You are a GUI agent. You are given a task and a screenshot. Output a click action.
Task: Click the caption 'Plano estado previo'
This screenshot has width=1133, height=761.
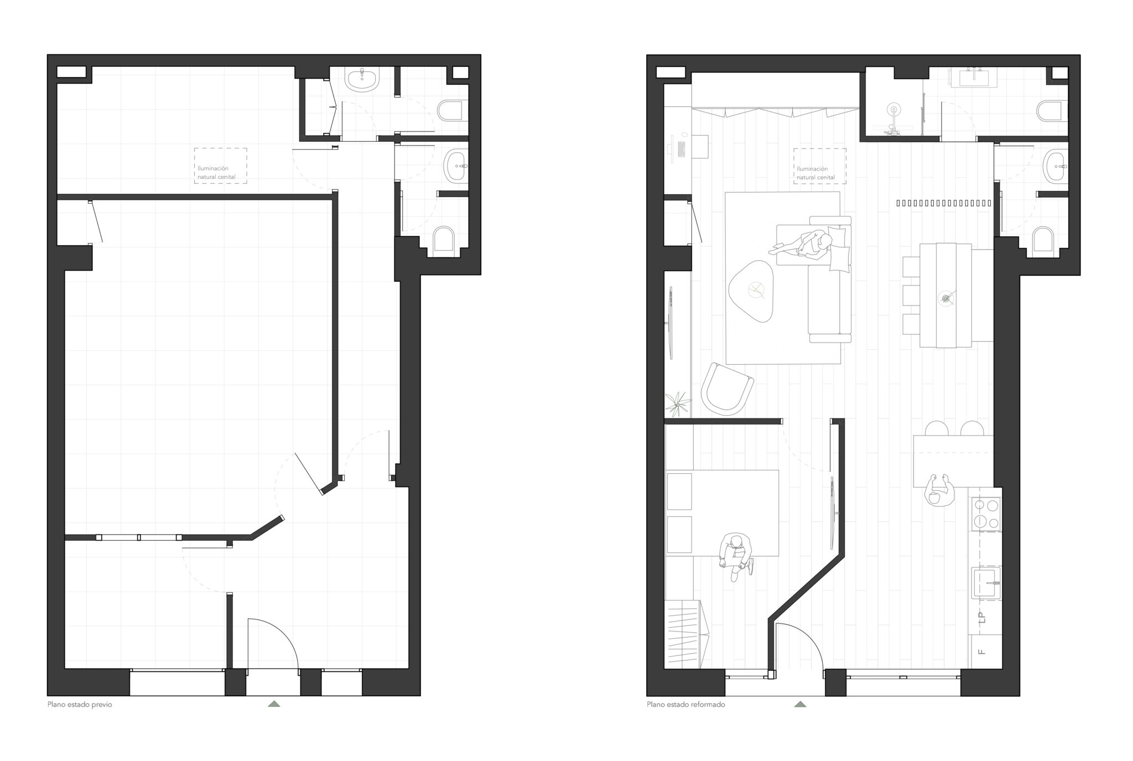tap(80, 705)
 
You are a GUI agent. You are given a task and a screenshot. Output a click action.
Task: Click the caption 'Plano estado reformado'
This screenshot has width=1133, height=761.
tap(686, 705)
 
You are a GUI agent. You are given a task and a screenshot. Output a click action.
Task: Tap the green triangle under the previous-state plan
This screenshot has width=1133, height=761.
tap(274, 704)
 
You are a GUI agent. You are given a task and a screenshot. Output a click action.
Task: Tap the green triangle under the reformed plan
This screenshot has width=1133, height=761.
tap(800, 704)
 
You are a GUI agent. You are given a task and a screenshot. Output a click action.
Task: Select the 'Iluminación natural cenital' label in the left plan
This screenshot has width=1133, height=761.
tap(216, 173)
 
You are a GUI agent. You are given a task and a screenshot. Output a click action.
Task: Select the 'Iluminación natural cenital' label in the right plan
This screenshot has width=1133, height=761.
tap(816, 173)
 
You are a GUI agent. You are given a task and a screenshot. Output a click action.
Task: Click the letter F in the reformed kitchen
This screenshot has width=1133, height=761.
tap(982, 651)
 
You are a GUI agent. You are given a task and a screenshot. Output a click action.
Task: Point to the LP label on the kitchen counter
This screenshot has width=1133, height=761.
tap(982, 617)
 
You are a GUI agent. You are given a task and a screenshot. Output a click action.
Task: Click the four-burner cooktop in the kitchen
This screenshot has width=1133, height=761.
tap(986, 514)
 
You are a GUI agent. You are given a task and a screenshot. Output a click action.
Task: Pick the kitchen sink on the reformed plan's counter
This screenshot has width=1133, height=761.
tap(986, 583)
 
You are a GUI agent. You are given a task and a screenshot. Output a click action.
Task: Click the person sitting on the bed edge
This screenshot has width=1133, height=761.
tap(736, 556)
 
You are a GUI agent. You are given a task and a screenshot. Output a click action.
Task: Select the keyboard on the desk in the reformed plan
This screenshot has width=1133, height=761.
tap(680, 148)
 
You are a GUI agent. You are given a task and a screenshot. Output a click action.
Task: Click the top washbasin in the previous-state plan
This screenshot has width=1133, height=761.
tap(362, 80)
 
